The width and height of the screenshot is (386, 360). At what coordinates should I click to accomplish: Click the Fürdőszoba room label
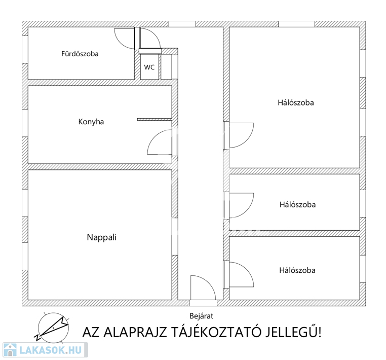tap(80, 54)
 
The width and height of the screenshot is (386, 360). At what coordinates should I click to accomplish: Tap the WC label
tap(149, 67)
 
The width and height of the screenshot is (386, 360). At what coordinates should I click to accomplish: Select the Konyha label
tap(91, 122)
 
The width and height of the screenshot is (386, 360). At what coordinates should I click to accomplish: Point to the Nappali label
tap(102, 237)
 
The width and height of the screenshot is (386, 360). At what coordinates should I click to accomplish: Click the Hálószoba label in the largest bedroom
tap(296, 102)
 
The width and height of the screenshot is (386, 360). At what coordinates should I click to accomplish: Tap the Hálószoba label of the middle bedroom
tap(298, 204)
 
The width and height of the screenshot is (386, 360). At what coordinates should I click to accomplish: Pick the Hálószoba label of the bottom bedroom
tap(297, 270)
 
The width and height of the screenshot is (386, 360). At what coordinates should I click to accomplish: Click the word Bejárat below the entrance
tap(202, 316)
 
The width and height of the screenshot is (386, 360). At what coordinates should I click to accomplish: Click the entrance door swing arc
tap(209, 282)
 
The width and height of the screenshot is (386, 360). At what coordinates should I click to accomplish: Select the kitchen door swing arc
tap(155, 136)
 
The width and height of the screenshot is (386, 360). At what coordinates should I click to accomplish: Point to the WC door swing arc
tap(155, 34)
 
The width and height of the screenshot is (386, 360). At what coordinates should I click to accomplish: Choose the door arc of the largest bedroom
tap(247, 140)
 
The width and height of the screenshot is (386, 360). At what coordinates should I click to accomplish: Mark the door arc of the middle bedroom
tap(247, 211)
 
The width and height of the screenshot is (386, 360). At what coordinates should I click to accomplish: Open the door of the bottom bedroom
tap(247, 269)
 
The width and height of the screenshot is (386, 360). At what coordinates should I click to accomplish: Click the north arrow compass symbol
tap(52, 328)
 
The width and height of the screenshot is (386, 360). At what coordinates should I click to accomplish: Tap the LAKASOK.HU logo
tap(45, 350)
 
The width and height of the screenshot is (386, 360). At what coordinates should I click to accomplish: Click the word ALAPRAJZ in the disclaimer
tap(135, 332)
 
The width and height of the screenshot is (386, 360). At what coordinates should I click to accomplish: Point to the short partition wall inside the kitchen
tap(155, 120)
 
